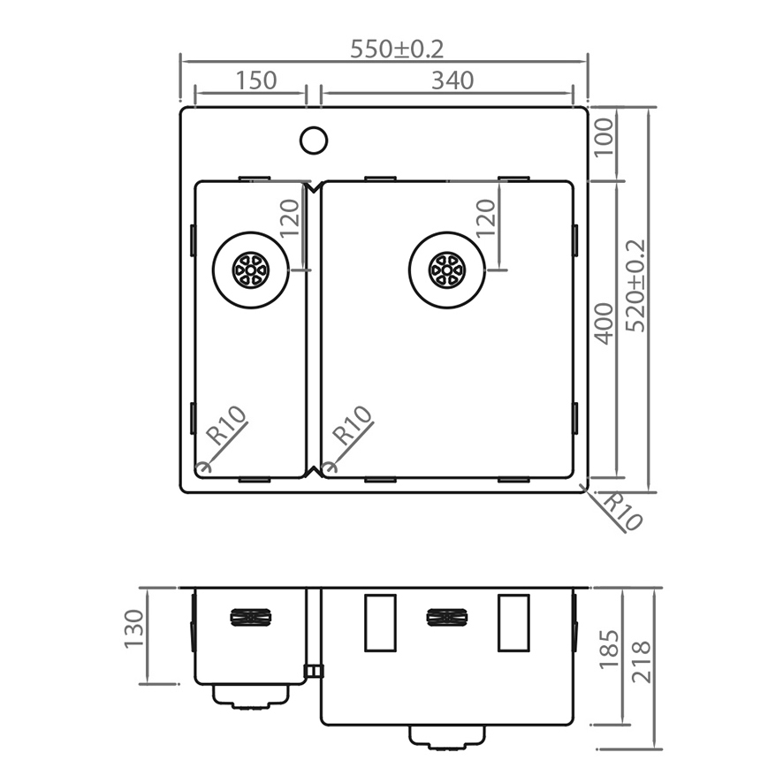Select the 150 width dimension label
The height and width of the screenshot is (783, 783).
click(256, 80)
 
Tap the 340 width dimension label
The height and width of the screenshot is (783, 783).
click(452, 80)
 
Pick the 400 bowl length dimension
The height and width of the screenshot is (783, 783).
click(604, 323)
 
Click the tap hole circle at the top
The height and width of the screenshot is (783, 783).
click(314, 140)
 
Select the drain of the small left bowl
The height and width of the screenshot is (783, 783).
click(250, 269)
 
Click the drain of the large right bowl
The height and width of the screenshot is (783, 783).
click(446, 269)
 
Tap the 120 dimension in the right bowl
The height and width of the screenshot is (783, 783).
click(486, 218)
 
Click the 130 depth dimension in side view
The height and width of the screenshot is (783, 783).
click(133, 628)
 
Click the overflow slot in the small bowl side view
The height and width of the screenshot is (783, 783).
click(250, 617)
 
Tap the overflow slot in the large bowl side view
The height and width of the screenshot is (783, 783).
click(446, 617)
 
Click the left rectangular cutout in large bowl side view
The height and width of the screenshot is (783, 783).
click(379, 623)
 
